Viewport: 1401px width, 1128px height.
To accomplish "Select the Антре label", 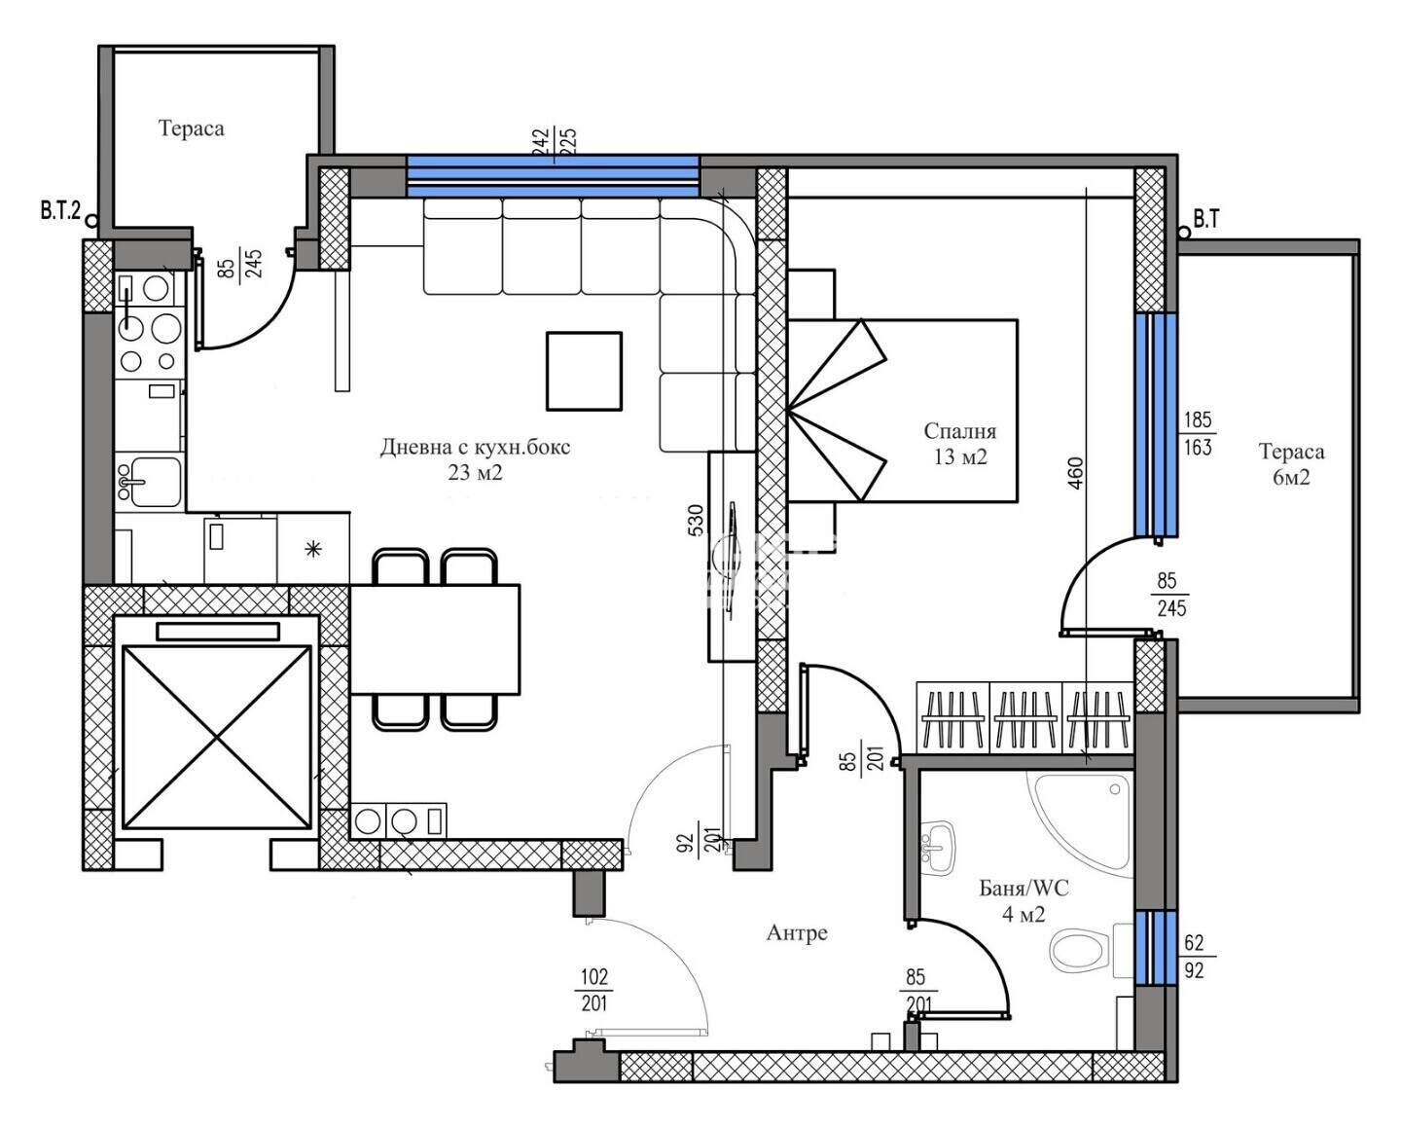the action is [x=797, y=932].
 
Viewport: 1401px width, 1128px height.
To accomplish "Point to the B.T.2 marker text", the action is [x=60, y=210].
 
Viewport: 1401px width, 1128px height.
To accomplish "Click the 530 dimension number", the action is [x=696, y=521].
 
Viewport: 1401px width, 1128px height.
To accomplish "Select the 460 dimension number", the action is [x=1076, y=473].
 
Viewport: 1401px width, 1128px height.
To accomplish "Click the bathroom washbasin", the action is [x=938, y=848].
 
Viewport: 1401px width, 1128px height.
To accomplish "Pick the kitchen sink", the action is [x=149, y=482].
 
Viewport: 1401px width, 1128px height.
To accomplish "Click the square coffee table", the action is [x=584, y=371].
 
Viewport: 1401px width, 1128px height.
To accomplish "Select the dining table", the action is [x=435, y=638].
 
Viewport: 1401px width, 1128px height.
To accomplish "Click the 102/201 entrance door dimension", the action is [x=593, y=991].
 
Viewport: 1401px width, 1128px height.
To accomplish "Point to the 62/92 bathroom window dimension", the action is [x=1194, y=956].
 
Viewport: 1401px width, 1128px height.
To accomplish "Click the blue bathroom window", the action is [x=1156, y=947].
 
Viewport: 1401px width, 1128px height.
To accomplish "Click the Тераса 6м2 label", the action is [x=1291, y=464].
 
